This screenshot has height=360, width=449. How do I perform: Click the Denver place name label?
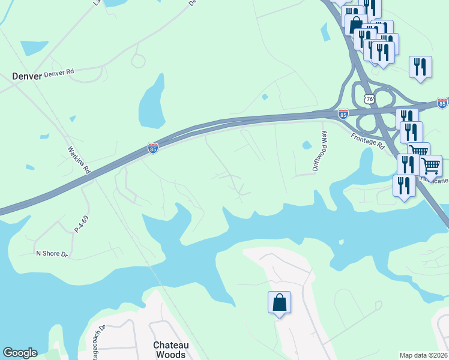27,76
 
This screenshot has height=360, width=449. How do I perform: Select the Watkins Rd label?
79,160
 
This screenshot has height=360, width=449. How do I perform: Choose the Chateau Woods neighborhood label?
170,350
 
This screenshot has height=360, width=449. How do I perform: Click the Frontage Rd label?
368,141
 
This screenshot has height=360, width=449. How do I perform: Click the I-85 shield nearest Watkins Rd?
153,148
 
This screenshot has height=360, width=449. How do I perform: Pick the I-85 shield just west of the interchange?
343,113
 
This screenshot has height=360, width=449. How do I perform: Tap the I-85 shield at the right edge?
442,103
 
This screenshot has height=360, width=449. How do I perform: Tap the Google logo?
20,353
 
